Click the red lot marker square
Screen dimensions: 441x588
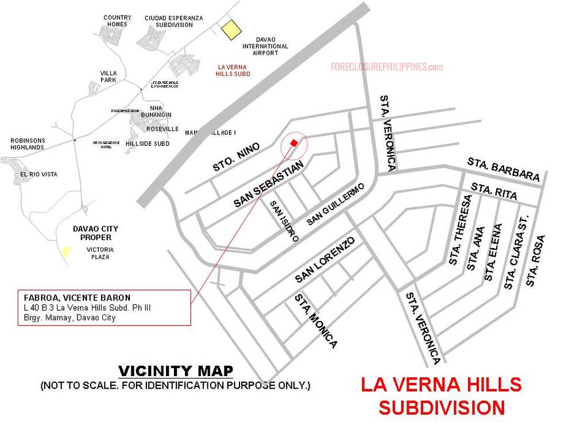(294, 142)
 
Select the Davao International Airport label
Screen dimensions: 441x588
(265, 46)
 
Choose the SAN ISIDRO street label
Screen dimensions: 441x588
(284, 221)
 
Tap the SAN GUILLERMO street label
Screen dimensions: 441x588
(336, 204)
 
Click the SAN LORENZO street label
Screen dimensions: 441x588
(327, 260)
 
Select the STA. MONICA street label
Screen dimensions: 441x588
(316, 321)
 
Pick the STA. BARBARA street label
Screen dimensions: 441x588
(504, 169)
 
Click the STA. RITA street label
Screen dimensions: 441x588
(494, 191)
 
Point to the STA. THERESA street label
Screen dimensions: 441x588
(461, 230)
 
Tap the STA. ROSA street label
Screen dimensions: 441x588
(534, 260)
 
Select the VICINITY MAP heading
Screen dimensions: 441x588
(176, 371)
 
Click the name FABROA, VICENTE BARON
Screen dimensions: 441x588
(77, 298)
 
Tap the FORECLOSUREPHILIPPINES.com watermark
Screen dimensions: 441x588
(386, 67)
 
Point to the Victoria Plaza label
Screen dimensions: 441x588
(100, 253)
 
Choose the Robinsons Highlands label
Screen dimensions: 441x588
(28, 144)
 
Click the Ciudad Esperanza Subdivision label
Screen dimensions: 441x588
(173, 21)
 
